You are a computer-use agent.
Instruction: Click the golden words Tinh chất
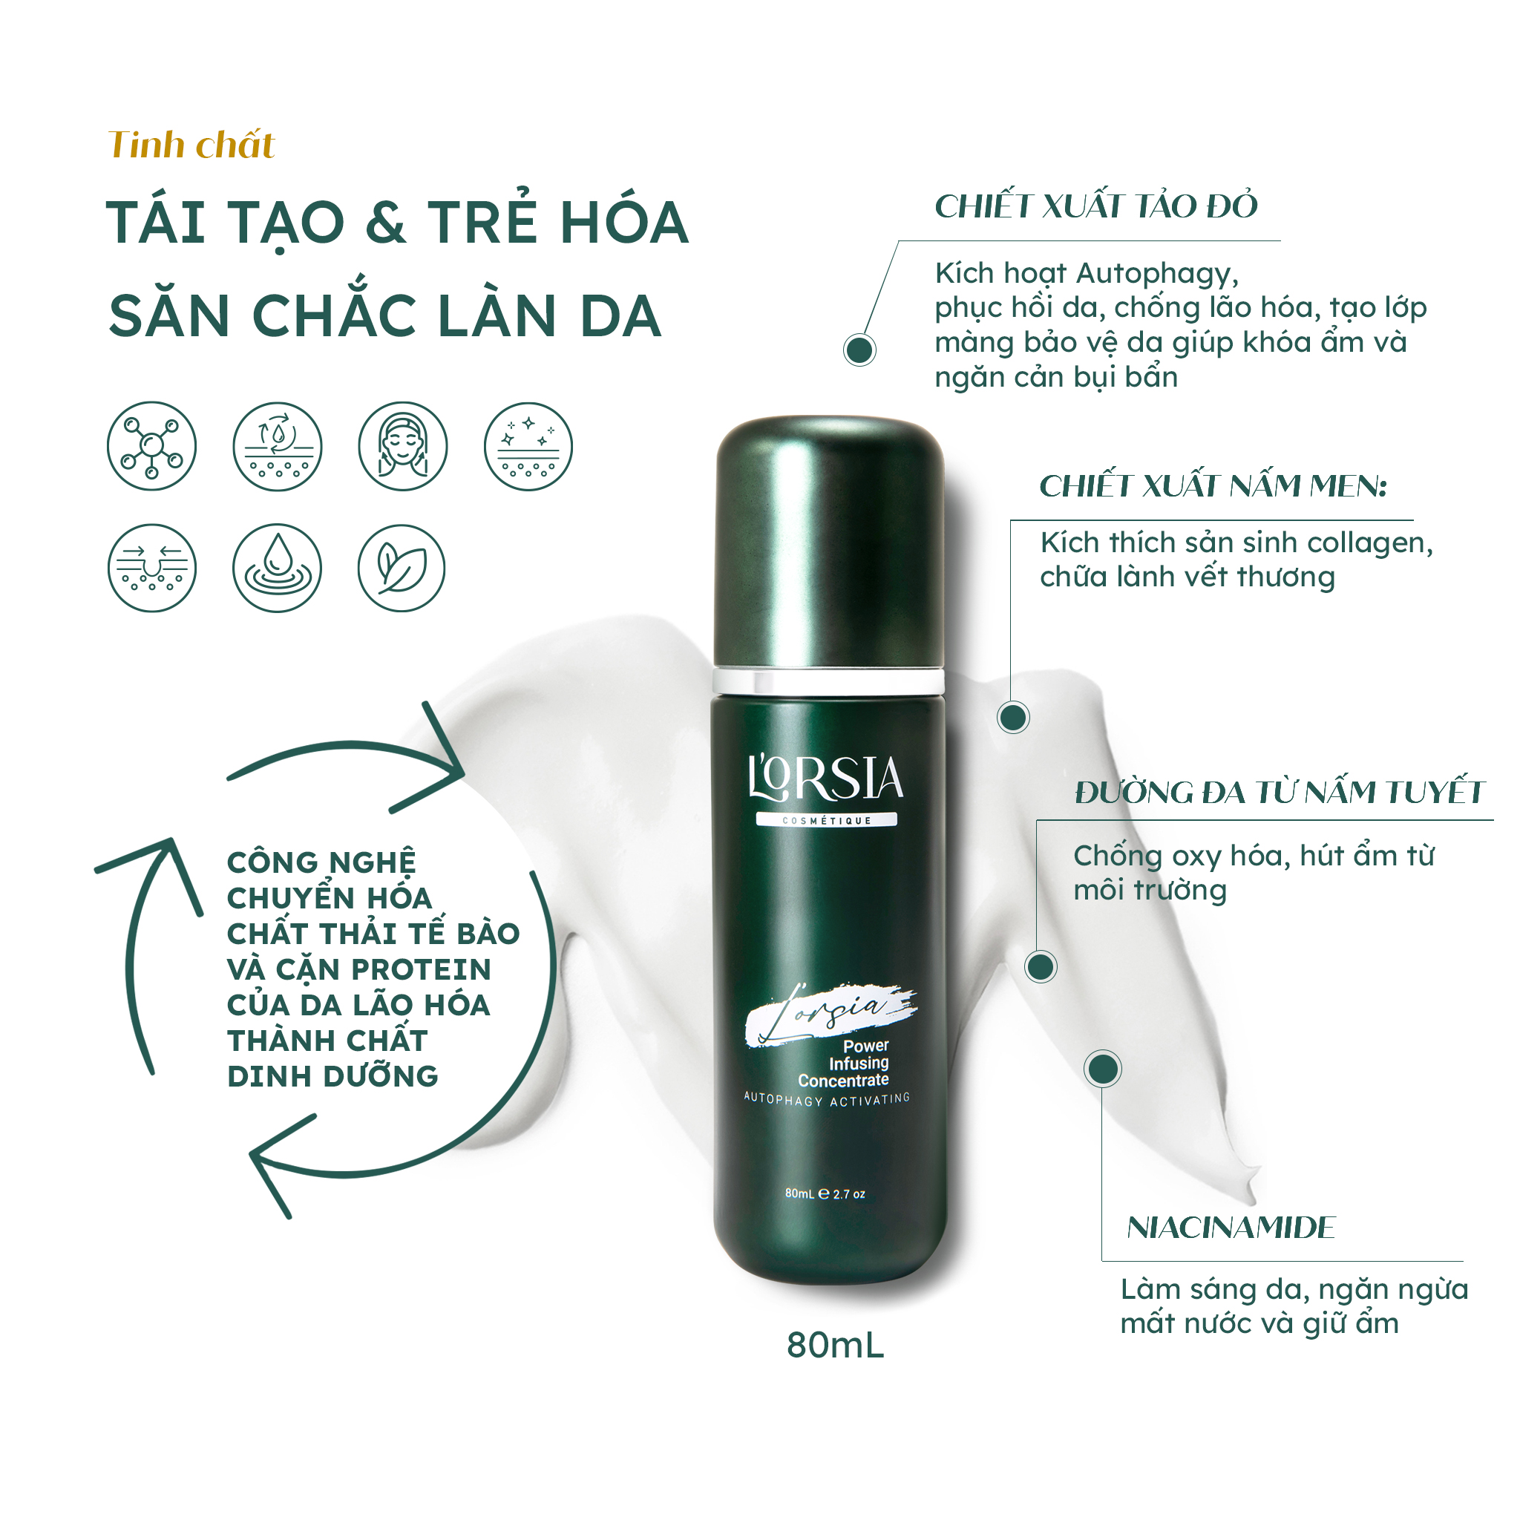pyautogui.click(x=191, y=145)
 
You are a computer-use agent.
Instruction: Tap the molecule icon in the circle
pyautogui.click(x=152, y=447)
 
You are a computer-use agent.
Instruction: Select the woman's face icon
pyautogui.click(x=403, y=447)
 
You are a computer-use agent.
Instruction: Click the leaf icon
pyautogui.click(x=402, y=569)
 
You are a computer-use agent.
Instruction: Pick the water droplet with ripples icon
pyautogui.click(x=277, y=569)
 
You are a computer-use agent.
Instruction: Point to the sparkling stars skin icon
pyautogui.click(x=528, y=447)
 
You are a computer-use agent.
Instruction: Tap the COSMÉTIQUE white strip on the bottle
pyautogui.click(x=826, y=821)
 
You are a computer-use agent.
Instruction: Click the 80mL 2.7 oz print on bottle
pyautogui.click(x=825, y=1194)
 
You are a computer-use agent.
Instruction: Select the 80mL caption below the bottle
pyautogui.click(x=835, y=1346)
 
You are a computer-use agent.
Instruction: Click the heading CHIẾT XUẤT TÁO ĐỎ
pyautogui.click(x=1096, y=206)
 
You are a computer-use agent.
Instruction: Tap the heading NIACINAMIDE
pyautogui.click(x=1231, y=1228)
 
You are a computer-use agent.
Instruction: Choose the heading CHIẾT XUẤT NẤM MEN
pyautogui.click(x=1211, y=486)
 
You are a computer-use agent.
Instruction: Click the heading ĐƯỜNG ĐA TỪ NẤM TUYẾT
pyautogui.click(x=1280, y=792)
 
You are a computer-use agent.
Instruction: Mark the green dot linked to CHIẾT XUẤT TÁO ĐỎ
pyautogui.click(x=859, y=350)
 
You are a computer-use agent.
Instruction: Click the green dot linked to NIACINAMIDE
pyautogui.click(x=1102, y=1069)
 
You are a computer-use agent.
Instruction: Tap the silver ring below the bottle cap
pyautogui.click(x=828, y=681)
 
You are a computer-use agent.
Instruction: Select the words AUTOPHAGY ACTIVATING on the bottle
pyautogui.click(x=826, y=1099)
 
